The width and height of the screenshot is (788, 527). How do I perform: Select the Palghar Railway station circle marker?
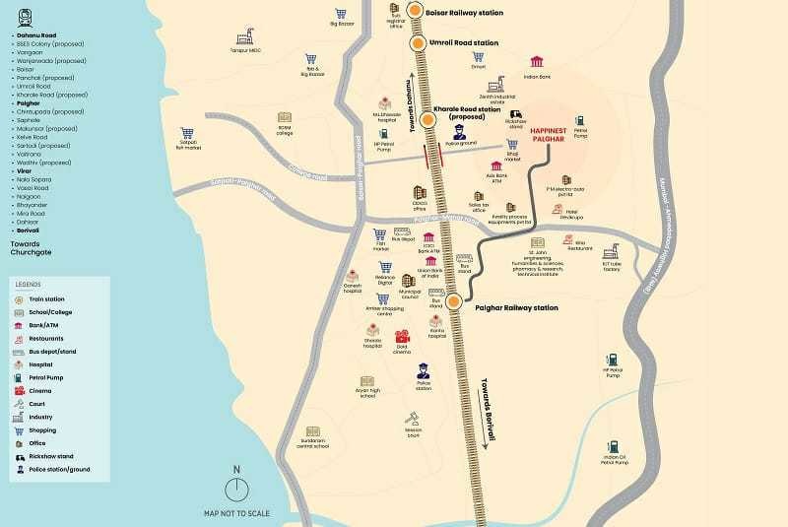pos(454,302)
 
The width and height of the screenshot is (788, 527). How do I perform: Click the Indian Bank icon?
pos(536,62)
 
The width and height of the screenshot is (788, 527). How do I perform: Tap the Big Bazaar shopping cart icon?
pos(341,15)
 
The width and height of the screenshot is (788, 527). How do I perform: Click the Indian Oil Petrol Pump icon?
pos(616,444)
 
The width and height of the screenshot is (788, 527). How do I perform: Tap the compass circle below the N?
pos(236,491)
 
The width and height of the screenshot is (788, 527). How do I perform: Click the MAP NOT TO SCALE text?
pos(237,513)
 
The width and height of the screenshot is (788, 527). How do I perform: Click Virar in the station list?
pos(22,171)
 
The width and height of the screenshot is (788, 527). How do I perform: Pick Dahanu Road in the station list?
pos(34,34)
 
